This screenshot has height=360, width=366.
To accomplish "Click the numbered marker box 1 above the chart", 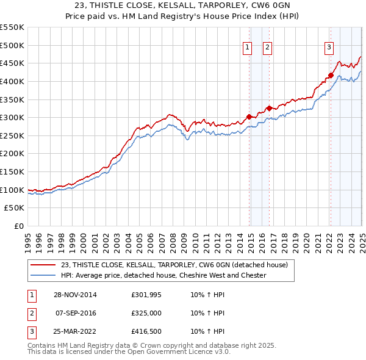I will pyautogui.click(x=247, y=49).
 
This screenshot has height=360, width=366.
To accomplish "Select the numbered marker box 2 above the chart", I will pyautogui.click(x=267, y=49).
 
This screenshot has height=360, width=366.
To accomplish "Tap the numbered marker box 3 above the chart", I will pyautogui.click(x=329, y=49).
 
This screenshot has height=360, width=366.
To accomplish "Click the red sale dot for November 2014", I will pyautogui.click(x=249, y=117).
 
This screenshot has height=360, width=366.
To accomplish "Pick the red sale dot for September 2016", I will pyautogui.click(x=269, y=108).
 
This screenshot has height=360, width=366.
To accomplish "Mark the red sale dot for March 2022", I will pyautogui.click(x=331, y=75).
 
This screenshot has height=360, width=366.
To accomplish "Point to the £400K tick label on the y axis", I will pyautogui.click(x=12, y=81).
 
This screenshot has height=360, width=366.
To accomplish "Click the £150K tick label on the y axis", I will pyautogui.click(x=12, y=171).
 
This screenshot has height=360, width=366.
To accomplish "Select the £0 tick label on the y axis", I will pyautogui.click(x=18, y=226).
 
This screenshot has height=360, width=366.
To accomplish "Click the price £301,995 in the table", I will pyautogui.click(x=145, y=295).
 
